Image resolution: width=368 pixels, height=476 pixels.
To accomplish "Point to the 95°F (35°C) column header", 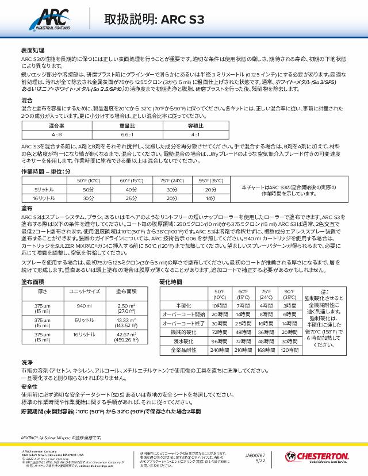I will click(210, 181).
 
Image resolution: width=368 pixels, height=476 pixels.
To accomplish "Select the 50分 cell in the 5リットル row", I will click(87, 189).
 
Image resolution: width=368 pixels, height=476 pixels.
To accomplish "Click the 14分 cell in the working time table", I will click(210, 198).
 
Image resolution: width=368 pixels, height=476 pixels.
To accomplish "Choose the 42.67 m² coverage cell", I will click(126, 336).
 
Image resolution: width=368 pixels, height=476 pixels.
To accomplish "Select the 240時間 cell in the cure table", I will click(220, 350).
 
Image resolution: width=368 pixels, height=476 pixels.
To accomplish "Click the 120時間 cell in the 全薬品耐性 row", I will click(289, 350).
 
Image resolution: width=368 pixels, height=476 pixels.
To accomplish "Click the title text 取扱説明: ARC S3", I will click(154, 19).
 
